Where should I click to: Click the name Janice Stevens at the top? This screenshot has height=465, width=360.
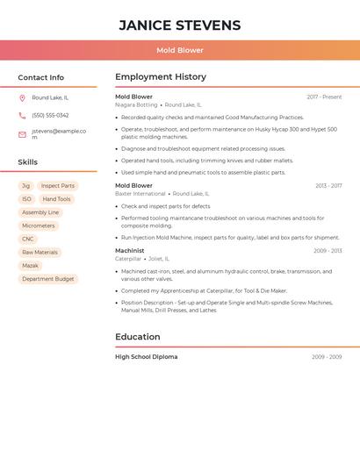(179, 25)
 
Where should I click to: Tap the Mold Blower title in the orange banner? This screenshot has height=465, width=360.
(179, 51)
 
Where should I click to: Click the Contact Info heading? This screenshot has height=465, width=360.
(40, 78)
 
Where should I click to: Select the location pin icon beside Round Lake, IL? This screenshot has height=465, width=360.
(22, 98)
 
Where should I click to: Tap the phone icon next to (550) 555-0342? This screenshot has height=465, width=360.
(22, 116)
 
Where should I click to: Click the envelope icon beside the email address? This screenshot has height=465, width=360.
(22, 134)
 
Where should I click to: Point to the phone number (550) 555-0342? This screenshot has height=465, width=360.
(50, 116)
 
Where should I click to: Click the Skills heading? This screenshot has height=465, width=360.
(27, 162)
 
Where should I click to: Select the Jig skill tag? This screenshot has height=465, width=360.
(25, 186)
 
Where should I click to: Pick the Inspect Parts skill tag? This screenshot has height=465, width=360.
(58, 186)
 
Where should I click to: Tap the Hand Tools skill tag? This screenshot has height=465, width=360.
(56, 199)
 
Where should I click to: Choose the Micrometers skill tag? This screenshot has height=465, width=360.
(38, 225)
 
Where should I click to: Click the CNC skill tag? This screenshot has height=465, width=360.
(28, 239)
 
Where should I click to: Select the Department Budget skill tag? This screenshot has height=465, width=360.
(48, 279)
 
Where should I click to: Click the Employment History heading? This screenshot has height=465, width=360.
(161, 77)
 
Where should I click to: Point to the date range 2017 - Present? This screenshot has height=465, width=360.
(324, 97)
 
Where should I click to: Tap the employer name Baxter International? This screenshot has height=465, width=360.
(140, 193)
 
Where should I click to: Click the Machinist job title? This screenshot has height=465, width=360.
(130, 251)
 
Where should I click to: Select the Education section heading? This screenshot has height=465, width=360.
(138, 337)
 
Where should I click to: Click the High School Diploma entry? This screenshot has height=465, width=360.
(146, 357)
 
